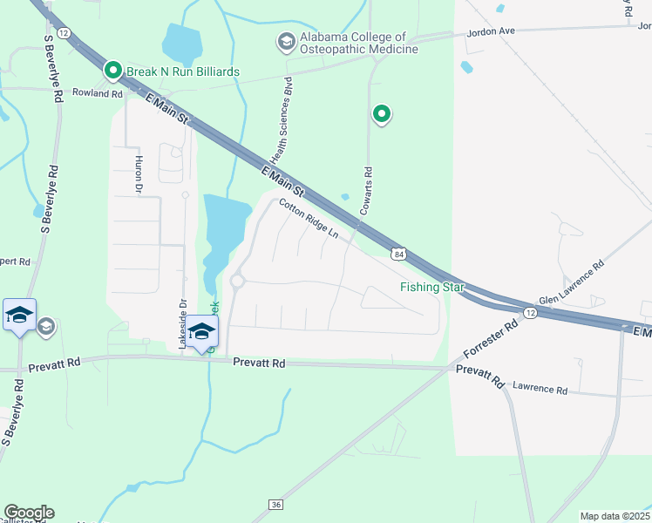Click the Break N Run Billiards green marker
click(x=112, y=71)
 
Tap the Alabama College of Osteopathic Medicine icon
click(x=285, y=41)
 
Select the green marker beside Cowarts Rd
click(x=381, y=113)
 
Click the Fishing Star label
click(x=432, y=287)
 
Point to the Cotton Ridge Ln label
click(x=309, y=219)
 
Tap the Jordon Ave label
click(x=492, y=31)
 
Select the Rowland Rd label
click(x=97, y=93)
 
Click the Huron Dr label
click(x=138, y=173)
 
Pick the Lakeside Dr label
click(x=183, y=324)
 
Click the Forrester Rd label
click(x=491, y=338)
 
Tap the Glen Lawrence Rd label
click(x=571, y=286)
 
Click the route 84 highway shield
click(x=398, y=254)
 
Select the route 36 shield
click(x=276, y=505)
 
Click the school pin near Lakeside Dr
click(x=201, y=331)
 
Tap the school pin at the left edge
click(x=19, y=314)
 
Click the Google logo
click(x=29, y=513)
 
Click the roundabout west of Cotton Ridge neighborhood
click(x=237, y=281)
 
